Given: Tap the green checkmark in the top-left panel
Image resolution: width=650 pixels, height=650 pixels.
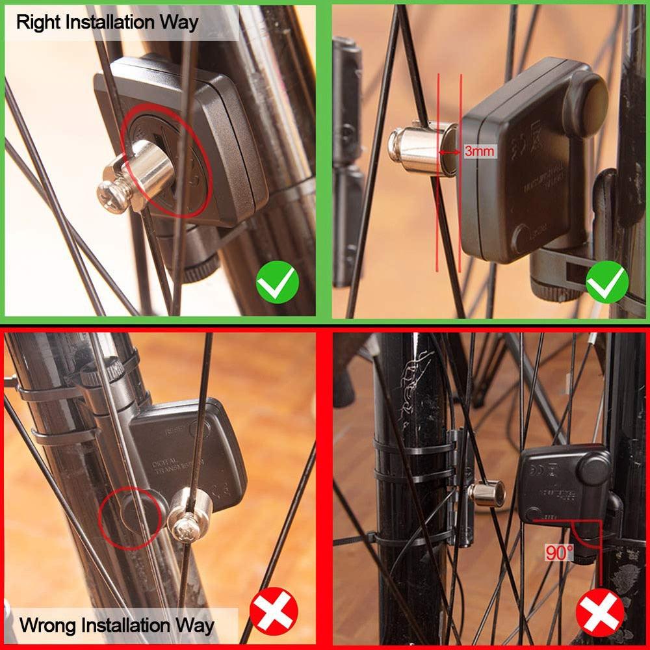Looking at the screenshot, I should tap(278, 282).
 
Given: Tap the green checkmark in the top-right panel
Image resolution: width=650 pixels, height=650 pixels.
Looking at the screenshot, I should tap(607, 282).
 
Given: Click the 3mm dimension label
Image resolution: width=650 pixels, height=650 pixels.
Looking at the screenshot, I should tap(479, 151).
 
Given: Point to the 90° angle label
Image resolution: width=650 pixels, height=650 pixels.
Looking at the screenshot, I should tap(560, 553).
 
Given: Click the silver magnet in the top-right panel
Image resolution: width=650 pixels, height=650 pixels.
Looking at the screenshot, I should tap(421, 149).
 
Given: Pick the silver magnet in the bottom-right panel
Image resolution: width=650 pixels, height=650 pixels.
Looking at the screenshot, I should tap(487, 493).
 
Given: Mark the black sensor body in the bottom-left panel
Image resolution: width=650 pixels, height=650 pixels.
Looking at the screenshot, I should tap(188, 448).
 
